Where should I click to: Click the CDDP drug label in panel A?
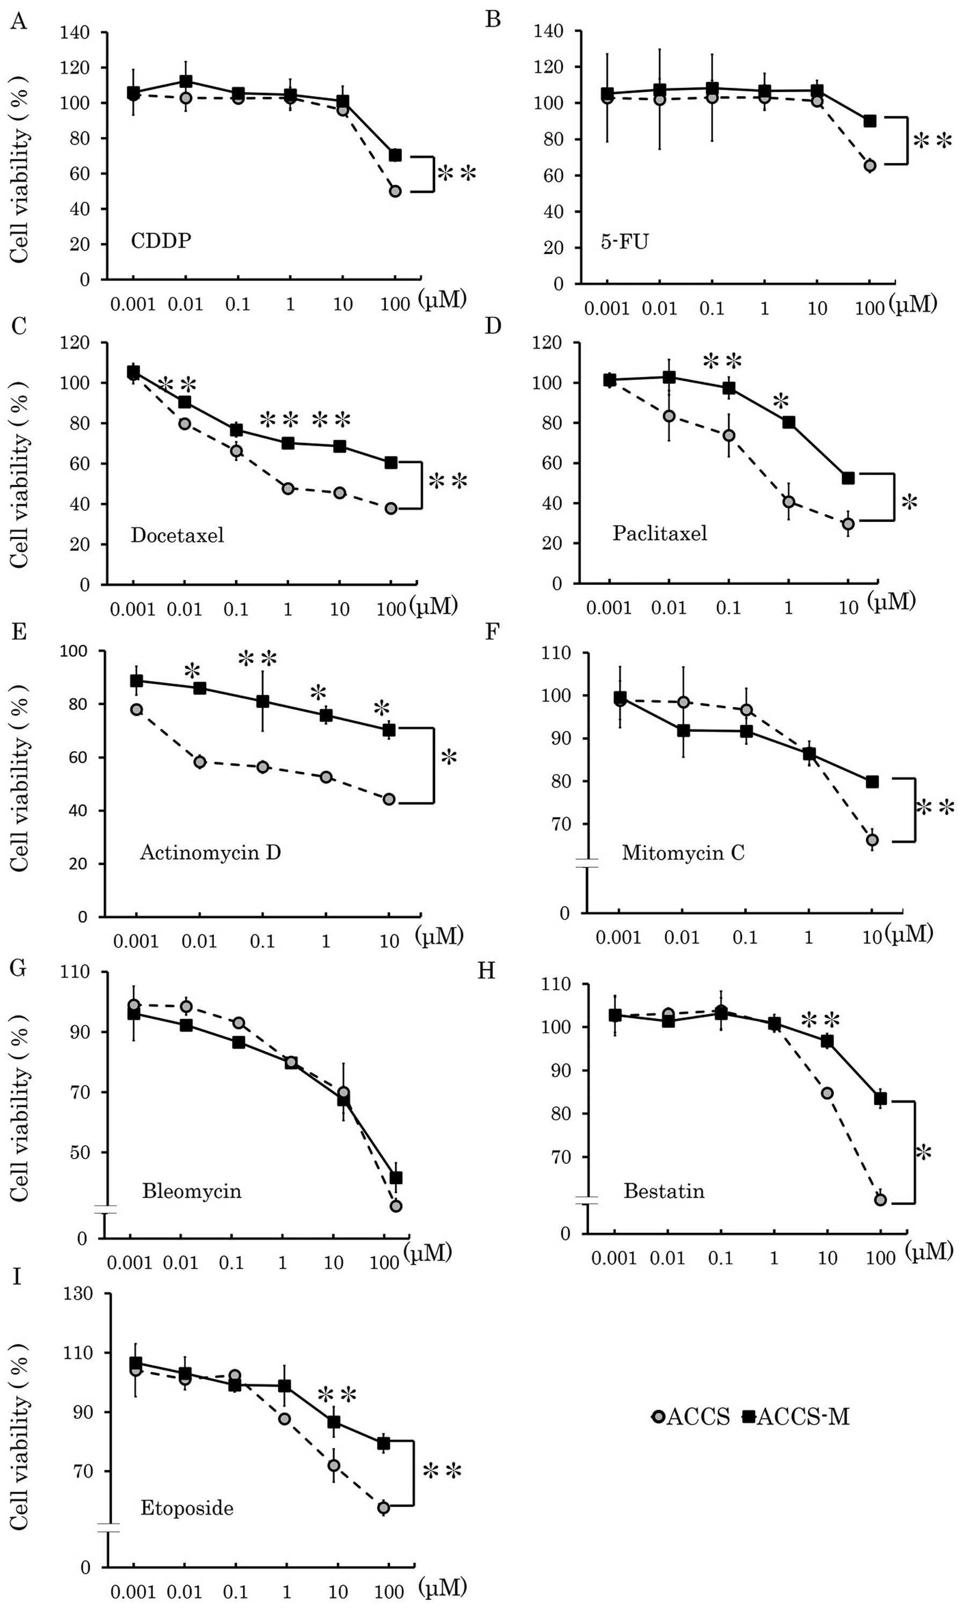[x=161, y=241]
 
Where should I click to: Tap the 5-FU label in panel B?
[x=624, y=243]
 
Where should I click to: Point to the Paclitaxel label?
[x=659, y=533]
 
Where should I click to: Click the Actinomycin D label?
[x=211, y=852]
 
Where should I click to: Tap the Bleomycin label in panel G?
[x=192, y=1191]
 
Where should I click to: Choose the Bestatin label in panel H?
[x=664, y=1191]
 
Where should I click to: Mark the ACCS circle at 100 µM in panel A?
[x=395, y=191]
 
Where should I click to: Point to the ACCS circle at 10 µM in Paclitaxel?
[x=847, y=524]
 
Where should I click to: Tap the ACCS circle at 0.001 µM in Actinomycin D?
[x=136, y=709]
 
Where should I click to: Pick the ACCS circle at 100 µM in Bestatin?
[x=880, y=1200]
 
